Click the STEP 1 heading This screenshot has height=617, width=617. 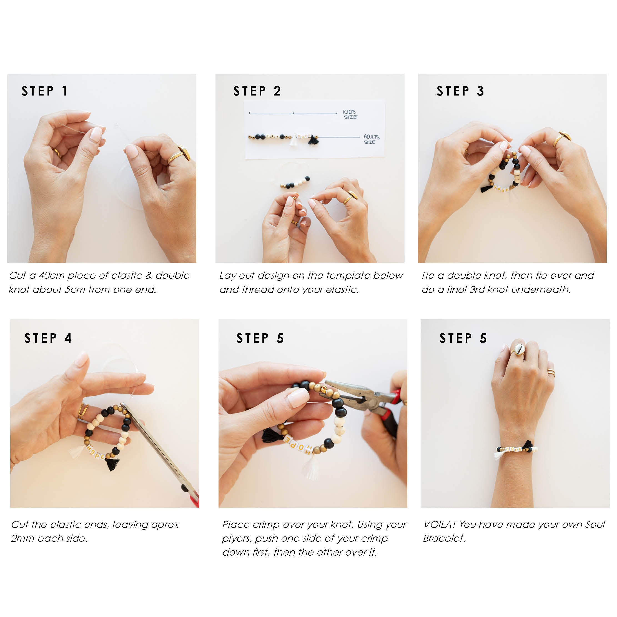point(45,91)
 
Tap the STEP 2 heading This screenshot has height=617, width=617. point(257,91)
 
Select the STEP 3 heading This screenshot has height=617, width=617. point(460,91)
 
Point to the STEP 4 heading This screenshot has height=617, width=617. point(48,338)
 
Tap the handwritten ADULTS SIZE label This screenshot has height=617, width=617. point(371,139)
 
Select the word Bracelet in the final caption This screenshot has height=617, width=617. point(444,538)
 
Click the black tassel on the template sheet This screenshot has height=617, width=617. point(313,140)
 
